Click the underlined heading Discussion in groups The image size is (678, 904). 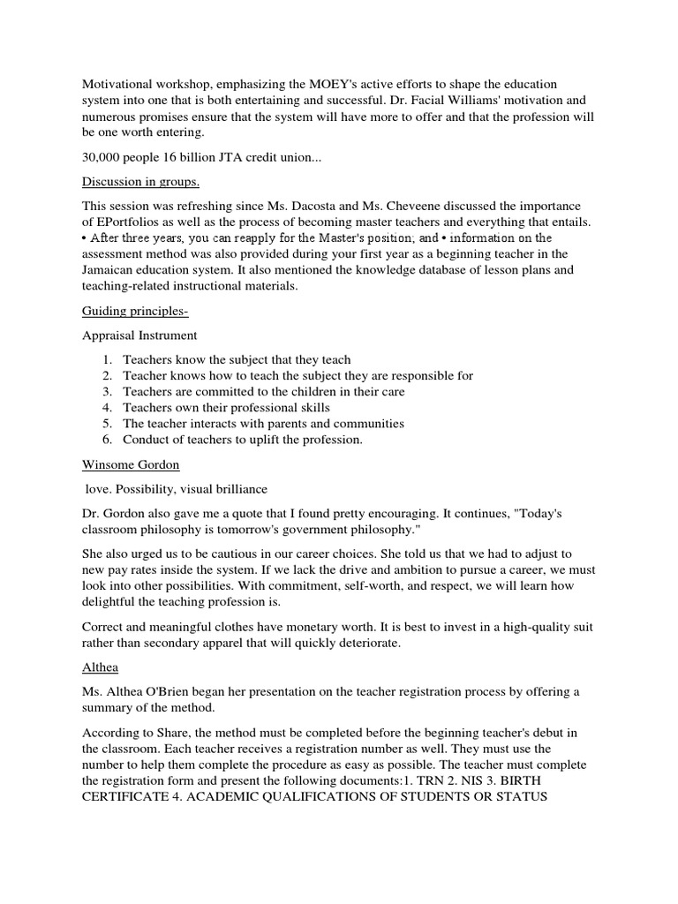(x=140, y=182)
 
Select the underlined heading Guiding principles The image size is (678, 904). (x=133, y=311)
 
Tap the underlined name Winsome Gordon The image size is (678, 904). (x=130, y=464)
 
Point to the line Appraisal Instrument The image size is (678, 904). (x=139, y=335)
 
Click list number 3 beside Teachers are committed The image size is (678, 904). (x=105, y=391)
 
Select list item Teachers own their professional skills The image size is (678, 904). (x=226, y=407)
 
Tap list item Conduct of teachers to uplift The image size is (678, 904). (x=243, y=440)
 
